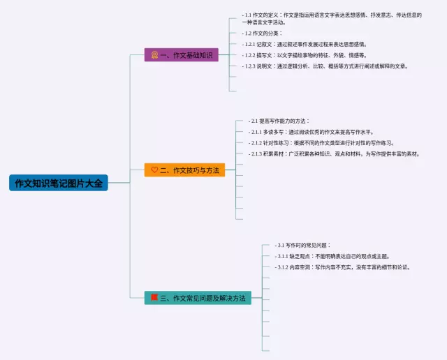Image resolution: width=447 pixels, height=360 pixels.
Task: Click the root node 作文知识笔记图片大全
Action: click(59, 183)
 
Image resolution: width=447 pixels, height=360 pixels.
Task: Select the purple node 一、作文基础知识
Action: click(182, 54)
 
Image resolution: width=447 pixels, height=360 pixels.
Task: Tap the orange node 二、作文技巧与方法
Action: click(184, 170)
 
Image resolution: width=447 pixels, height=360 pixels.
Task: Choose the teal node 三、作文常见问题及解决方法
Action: click(198, 298)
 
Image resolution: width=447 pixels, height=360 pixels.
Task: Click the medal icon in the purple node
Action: click(154, 54)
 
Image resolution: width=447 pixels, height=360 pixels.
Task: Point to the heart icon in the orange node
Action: click(154, 170)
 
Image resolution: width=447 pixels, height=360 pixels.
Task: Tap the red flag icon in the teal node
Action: click(154, 298)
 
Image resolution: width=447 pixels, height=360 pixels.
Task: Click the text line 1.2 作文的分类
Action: click(262, 33)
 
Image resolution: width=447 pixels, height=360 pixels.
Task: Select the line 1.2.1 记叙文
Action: click(305, 44)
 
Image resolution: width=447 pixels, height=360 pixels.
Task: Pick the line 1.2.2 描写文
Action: click(305, 55)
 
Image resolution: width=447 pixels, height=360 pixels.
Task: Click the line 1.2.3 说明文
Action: click(325, 66)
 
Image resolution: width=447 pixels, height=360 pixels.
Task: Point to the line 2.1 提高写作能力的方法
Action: click(279, 121)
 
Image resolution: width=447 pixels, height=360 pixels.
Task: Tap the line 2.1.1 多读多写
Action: click(311, 132)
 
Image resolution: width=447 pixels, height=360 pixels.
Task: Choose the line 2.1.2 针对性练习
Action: click(321, 143)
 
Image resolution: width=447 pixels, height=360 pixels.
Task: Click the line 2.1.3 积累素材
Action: click(334, 153)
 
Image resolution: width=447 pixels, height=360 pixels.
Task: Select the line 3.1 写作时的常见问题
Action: click(302, 245)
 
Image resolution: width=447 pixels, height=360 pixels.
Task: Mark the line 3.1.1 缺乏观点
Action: click(332, 256)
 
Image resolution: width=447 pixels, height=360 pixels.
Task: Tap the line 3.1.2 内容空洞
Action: click(342, 267)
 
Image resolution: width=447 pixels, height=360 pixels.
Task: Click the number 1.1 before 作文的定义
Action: click(248, 15)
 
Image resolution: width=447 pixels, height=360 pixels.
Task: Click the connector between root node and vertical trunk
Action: click(119, 183)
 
